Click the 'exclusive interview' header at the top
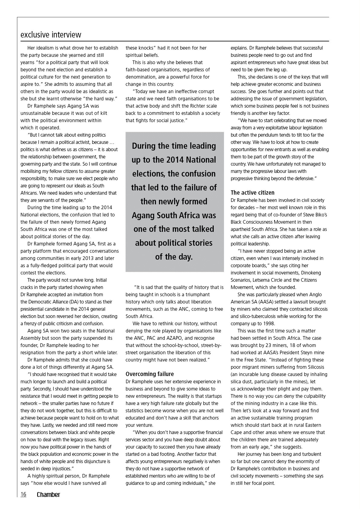[51, 35]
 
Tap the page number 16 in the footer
[23, 494]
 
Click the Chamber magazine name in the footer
[48, 494]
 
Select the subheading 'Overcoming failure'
[150, 374]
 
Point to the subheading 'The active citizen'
[252, 193]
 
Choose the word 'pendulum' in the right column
[284, 135]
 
